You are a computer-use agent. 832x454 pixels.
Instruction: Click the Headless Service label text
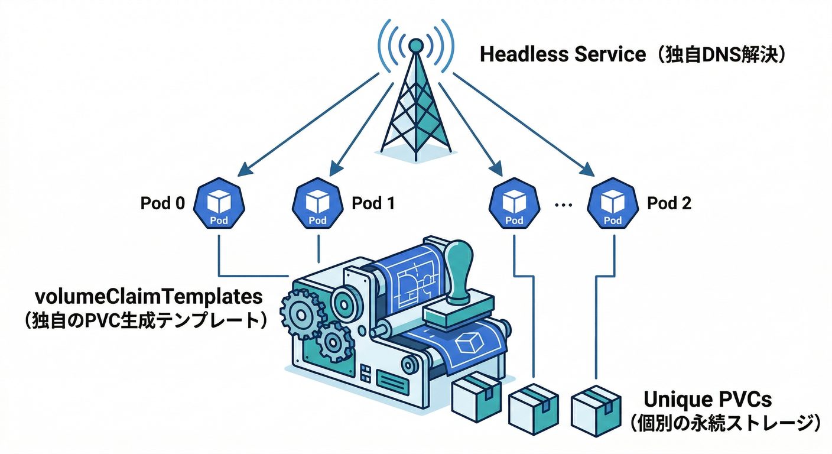pos(563,54)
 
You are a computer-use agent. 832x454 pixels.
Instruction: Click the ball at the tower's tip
pos(416,44)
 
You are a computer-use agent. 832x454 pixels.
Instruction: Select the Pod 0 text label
pos(162,203)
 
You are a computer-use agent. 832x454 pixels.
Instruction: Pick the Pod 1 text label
pos(373,203)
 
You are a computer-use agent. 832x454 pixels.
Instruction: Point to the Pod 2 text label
pos(669,203)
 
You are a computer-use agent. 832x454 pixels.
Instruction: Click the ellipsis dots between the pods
pos(564,205)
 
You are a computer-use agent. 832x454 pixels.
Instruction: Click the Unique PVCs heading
pos(708,400)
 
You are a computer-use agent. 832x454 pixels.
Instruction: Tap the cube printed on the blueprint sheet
pos(471,341)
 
